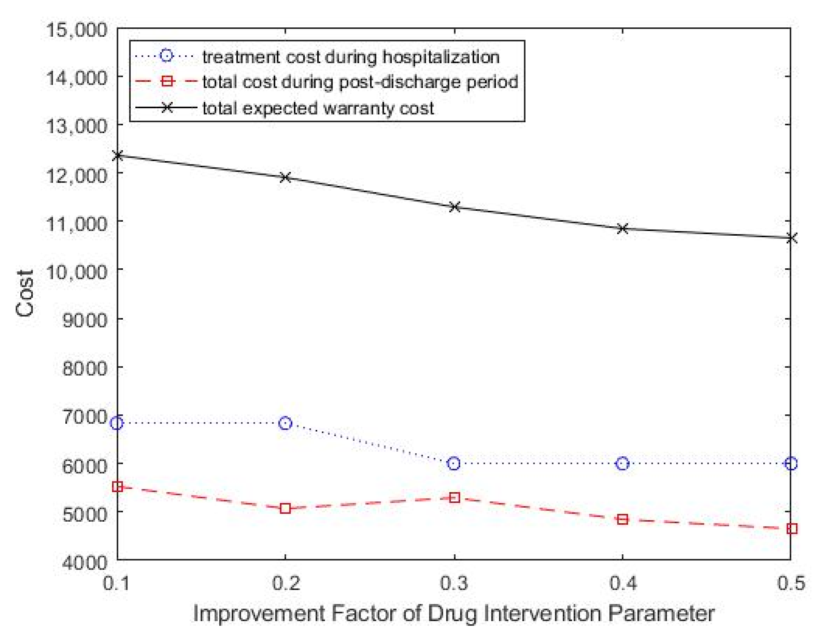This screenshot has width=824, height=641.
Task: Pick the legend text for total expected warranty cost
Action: coord(318,109)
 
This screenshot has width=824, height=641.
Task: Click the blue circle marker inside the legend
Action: coord(166,56)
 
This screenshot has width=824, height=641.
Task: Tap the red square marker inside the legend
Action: coord(166,81)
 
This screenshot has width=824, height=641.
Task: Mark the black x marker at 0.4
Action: coord(623,228)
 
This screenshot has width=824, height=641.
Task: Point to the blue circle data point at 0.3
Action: coord(454,463)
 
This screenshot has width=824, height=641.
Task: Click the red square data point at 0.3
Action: coord(455,498)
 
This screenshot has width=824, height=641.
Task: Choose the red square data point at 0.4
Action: coord(623,519)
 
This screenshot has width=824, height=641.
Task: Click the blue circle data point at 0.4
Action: coord(623,463)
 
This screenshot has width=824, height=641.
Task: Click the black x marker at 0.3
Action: coord(455,207)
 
